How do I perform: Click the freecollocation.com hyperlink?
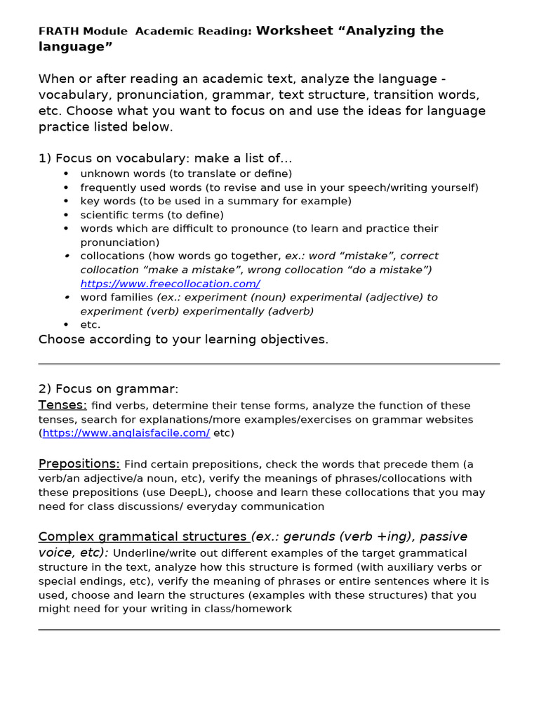coord(170,284)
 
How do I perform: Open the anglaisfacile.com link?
coord(126,433)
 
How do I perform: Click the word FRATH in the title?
coord(59,32)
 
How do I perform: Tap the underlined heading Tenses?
coord(62,405)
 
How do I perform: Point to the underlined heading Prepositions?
coord(79,464)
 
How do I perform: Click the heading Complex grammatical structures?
coord(142,536)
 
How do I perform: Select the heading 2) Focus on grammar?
coord(109,388)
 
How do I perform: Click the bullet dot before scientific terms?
coord(67,216)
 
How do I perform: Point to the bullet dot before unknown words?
coord(67,173)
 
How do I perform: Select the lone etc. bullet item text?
coord(91,325)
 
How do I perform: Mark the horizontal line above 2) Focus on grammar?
coord(269,364)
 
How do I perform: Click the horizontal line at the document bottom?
coord(269,630)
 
